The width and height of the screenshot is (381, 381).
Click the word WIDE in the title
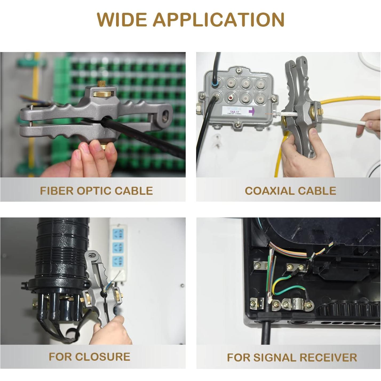pos(122,19)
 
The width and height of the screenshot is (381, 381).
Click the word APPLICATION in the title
pos(219,19)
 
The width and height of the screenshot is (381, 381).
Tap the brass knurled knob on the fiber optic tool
pos(102,94)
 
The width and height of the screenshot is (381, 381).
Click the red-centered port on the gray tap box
pos(230,98)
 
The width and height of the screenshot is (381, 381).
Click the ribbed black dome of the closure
pos(63,248)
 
